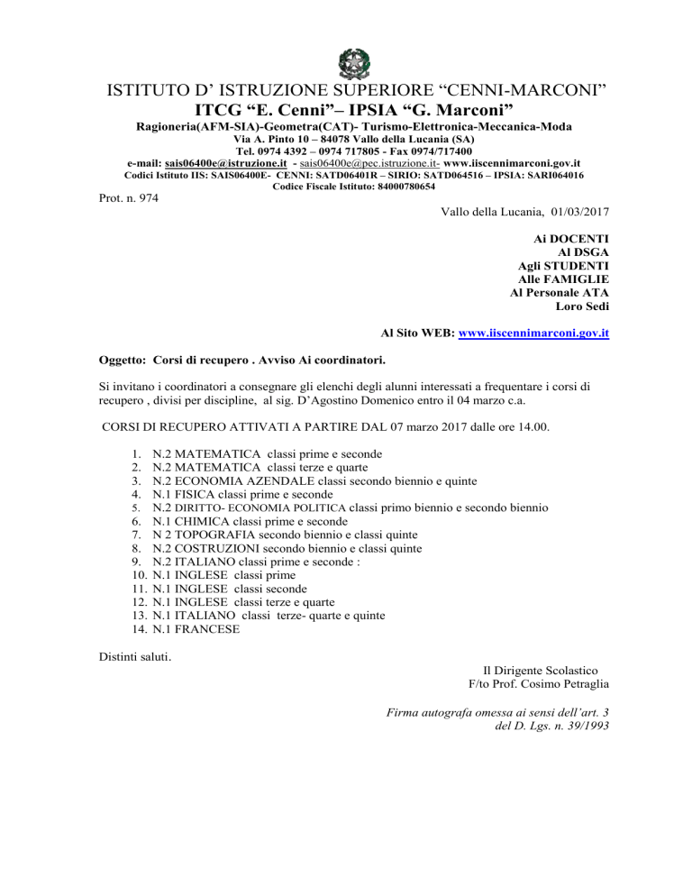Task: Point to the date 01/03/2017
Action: coord(577,215)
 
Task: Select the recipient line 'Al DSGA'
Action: coord(585,253)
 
